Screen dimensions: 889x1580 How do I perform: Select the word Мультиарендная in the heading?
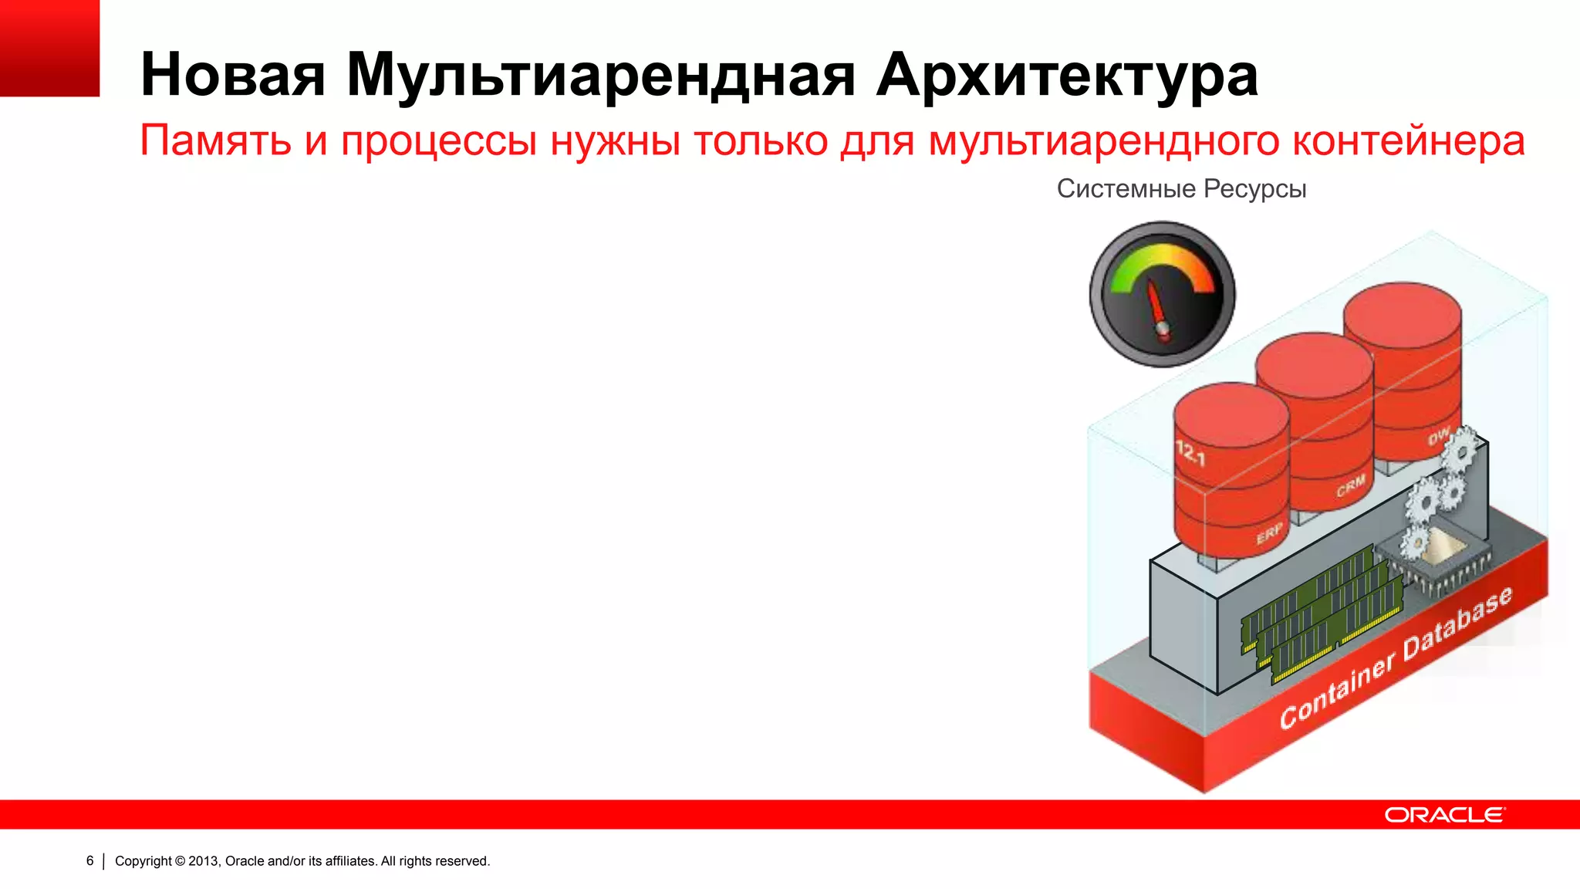tap(600, 75)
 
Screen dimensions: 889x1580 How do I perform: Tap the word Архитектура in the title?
tap(1067, 75)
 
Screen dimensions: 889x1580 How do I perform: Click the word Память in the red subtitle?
tap(215, 141)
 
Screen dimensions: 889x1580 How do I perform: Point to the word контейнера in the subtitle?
tap(1408, 141)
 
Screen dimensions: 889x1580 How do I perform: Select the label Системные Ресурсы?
tap(1181, 189)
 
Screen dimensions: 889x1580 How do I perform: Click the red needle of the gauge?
tap(1156, 308)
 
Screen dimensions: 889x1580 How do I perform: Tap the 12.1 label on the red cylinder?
tap(1190, 453)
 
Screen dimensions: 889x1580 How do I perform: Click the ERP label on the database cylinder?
tap(1269, 532)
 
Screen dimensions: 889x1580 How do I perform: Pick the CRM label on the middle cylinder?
tap(1351, 487)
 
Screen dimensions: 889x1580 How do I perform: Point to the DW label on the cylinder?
tap(1438, 437)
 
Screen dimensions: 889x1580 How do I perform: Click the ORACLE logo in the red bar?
tap(1443, 815)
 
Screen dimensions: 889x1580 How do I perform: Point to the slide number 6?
tap(90, 860)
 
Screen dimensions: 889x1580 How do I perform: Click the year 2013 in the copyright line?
tap(204, 860)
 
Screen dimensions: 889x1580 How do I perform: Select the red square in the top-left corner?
tap(49, 48)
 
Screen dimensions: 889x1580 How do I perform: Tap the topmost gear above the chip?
tap(1460, 450)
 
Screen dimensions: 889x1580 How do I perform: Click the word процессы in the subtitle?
tap(438, 141)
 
